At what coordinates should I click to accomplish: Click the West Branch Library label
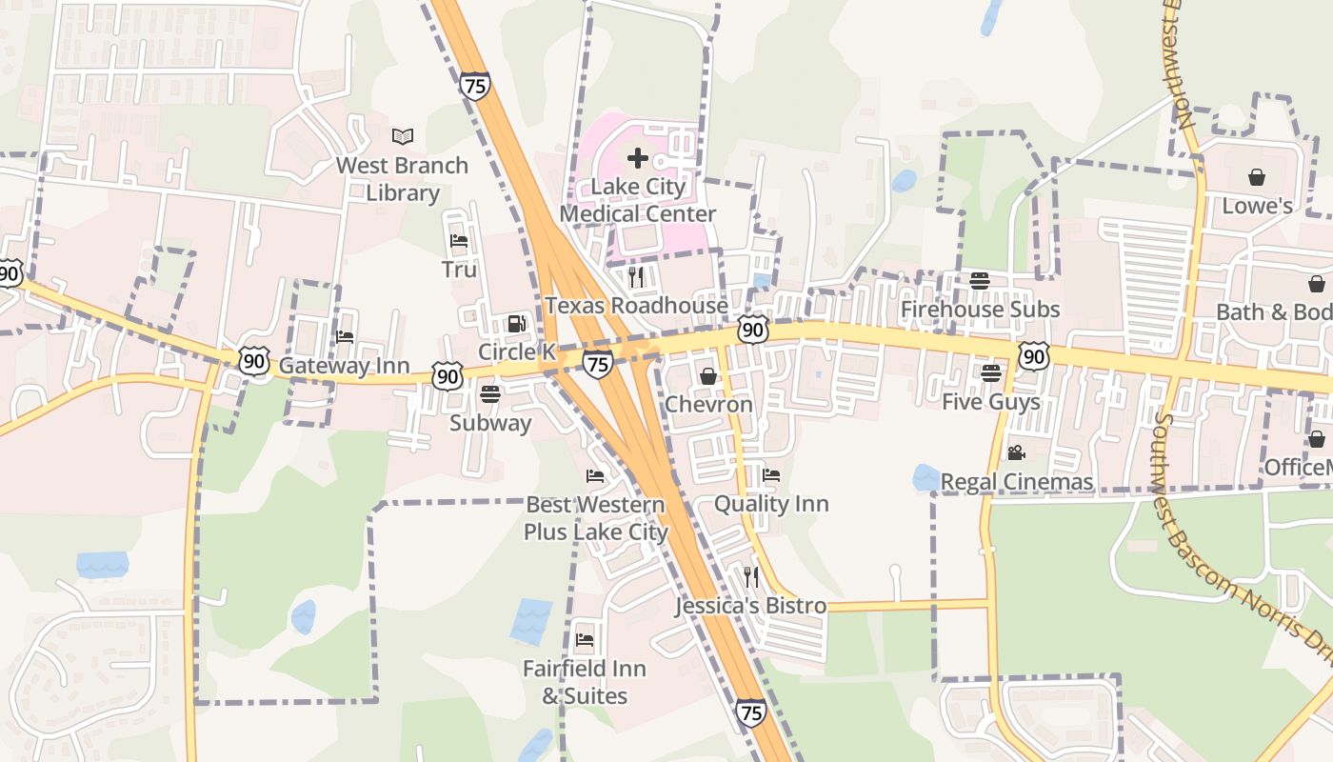coord(402,179)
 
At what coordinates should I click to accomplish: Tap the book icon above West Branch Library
coord(403,136)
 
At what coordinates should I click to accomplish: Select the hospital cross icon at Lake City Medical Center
coord(638,158)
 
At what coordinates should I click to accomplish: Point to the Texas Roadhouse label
coord(636,306)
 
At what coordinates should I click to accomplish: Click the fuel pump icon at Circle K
coord(517,324)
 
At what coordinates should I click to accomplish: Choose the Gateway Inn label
coord(344,366)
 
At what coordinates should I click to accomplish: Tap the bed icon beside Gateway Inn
coord(345,337)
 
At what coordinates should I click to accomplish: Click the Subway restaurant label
coord(490,423)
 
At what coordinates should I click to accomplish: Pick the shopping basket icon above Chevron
coord(707,376)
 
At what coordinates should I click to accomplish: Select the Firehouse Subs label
coord(980,310)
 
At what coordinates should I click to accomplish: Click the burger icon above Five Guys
coord(991,372)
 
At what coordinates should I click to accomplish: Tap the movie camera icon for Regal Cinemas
coord(1016,452)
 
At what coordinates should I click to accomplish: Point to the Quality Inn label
coord(771,504)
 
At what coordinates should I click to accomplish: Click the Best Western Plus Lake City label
coord(595,518)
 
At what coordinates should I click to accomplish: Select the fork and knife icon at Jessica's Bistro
coord(751,577)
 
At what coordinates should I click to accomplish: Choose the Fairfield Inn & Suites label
coord(585,682)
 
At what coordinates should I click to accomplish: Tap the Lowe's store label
coord(1257,206)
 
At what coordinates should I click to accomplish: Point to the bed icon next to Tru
coord(459,241)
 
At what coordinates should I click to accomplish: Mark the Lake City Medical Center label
coord(638,200)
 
